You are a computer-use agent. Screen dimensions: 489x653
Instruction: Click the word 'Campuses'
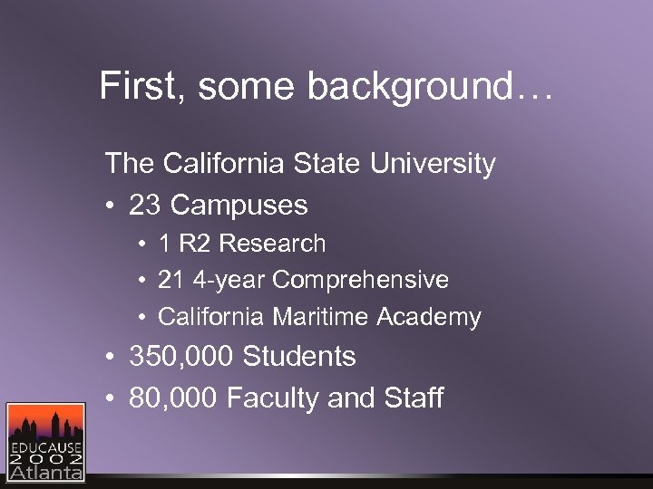(239, 206)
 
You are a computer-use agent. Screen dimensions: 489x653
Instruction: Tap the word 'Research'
(272, 244)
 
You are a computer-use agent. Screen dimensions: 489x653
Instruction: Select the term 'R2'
(198, 244)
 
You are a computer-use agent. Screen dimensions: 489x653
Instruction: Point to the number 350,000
(181, 356)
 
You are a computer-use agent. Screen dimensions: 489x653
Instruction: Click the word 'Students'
(298, 356)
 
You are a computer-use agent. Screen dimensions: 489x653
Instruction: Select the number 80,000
(174, 398)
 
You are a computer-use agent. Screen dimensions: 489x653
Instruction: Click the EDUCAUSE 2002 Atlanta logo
(45, 441)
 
